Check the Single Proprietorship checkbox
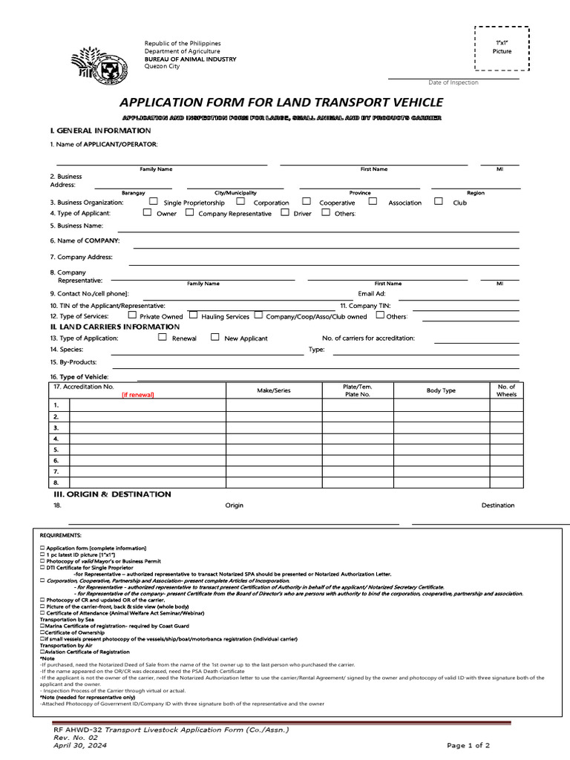pyautogui.click(x=154, y=201)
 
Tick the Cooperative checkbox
pyautogui.click(x=307, y=201)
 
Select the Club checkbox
pyautogui.click(x=439, y=201)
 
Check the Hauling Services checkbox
pyautogui.click(x=194, y=315)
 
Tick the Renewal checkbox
pyautogui.click(x=163, y=337)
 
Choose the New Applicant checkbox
pyautogui.click(x=215, y=337)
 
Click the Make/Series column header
pyautogui.click(x=274, y=390)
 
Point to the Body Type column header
pyautogui.click(x=441, y=390)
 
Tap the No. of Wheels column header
pyautogui.click(x=506, y=390)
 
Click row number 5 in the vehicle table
pyautogui.click(x=56, y=450)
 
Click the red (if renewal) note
pyautogui.click(x=138, y=395)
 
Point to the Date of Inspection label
pyautogui.click(x=453, y=82)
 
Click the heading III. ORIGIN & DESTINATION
pyautogui.click(x=111, y=494)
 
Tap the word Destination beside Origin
pyautogui.click(x=497, y=505)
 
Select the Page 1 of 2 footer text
pyautogui.click(x=468, y=744)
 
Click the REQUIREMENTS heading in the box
pyautogui.click(x=61, y=534)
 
